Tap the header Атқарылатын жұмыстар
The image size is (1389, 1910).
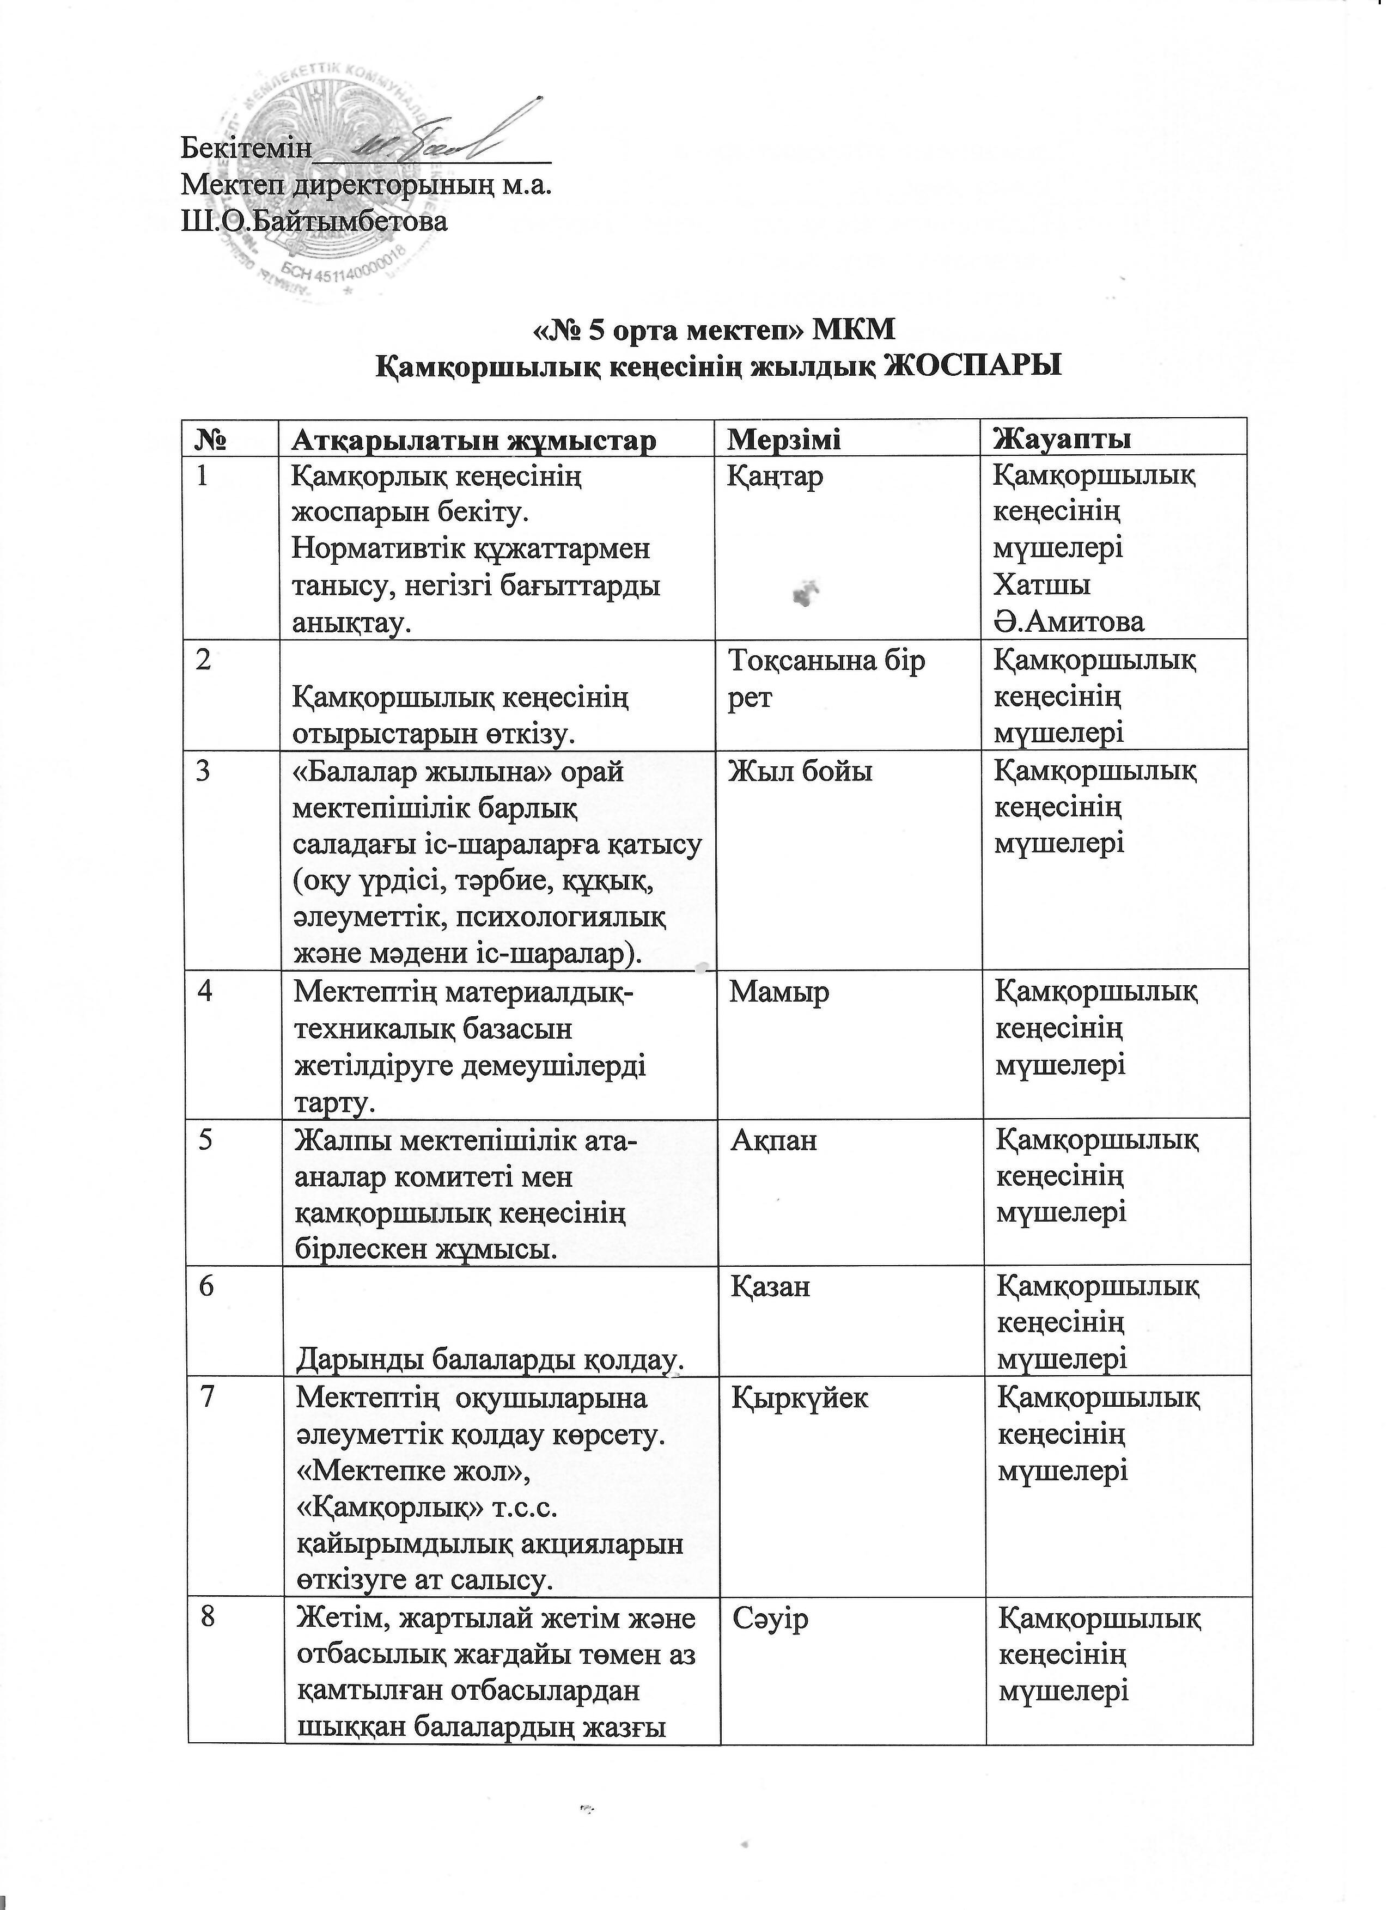473,440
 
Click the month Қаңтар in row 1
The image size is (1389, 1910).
776,477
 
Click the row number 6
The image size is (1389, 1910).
205,1287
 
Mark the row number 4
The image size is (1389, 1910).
205,992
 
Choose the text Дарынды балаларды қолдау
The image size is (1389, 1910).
489,1358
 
